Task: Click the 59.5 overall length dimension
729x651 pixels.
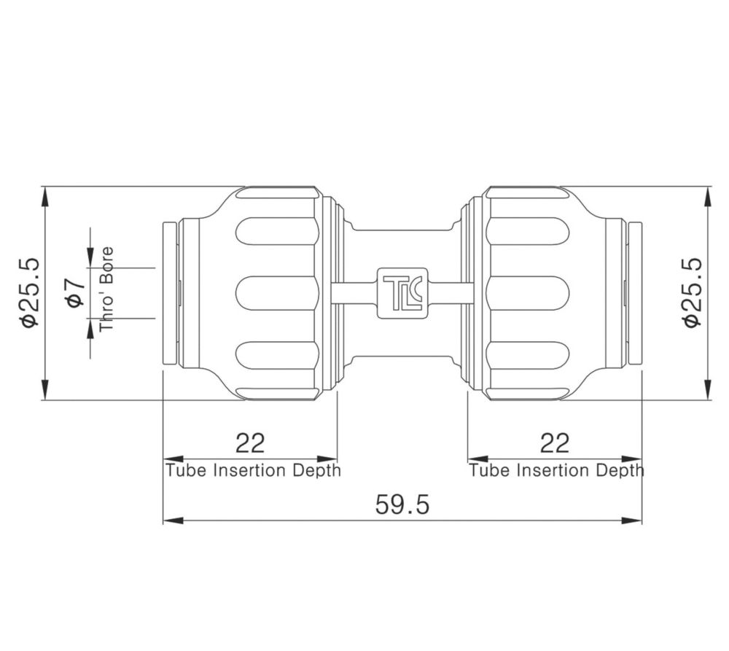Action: (402, 505)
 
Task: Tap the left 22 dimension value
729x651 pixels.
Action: (250, 443)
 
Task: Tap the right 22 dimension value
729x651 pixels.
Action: (555, 443)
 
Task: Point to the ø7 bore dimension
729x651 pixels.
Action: (76, 293)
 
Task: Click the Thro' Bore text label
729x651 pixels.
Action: (106, 289)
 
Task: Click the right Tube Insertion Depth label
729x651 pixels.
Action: (556, 470)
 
